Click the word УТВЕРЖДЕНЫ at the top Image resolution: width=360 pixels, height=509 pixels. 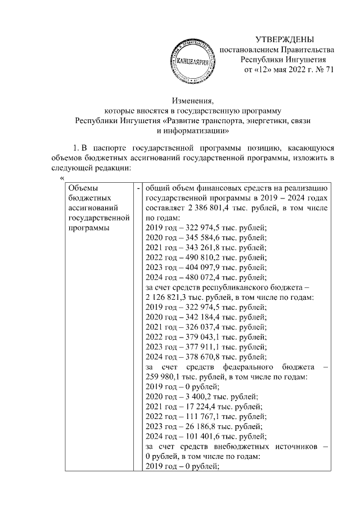point(284,39)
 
